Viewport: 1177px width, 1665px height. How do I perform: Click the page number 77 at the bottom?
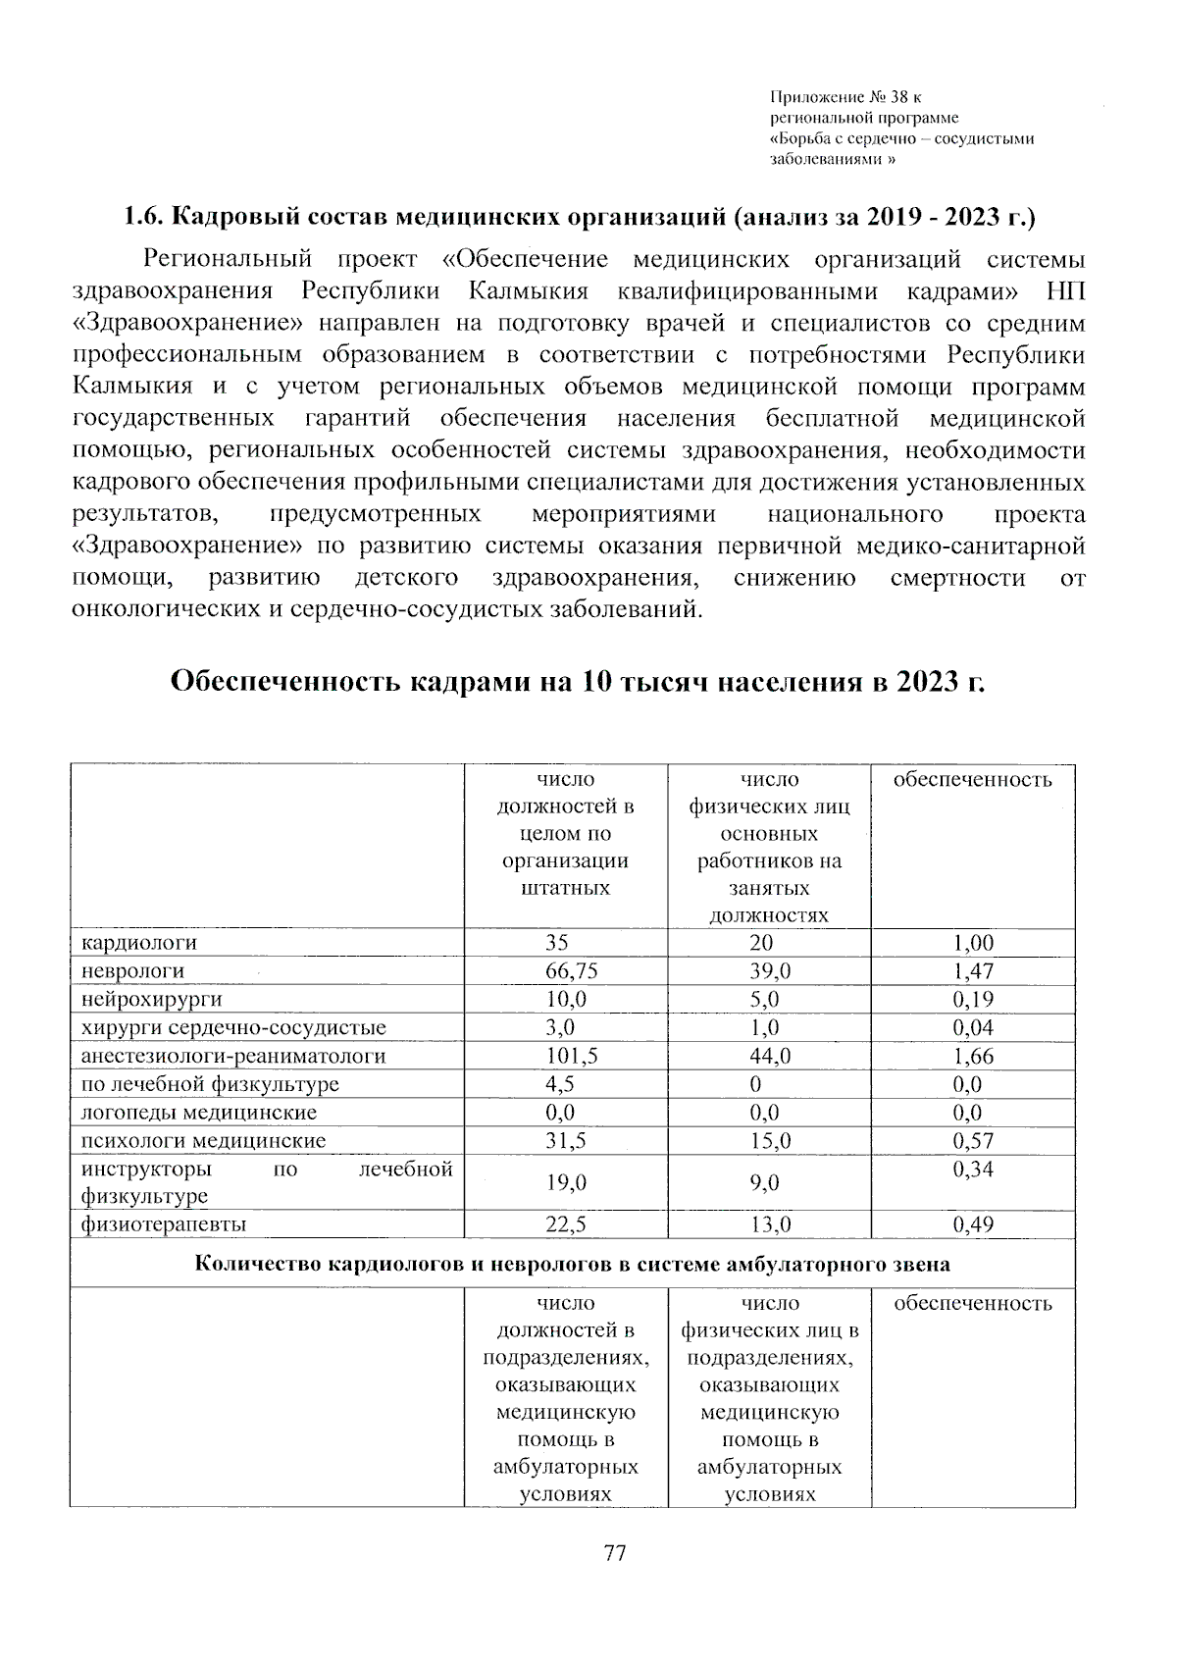(615, 1553)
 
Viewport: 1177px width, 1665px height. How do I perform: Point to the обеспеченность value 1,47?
(973, 971)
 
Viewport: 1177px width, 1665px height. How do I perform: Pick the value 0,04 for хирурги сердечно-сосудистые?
(973, 1028)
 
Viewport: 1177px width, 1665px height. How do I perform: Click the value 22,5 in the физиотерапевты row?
(566, 1224)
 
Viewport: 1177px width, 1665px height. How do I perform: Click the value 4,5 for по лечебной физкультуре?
(559, 1085)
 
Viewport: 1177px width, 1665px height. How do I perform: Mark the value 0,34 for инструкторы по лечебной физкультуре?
(973, 1170)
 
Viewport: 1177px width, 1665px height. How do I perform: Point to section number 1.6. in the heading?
(142, 216)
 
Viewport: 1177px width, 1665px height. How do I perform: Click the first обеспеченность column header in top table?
(973, 780)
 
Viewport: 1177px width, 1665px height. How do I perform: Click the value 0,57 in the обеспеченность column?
(973, 1141)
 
